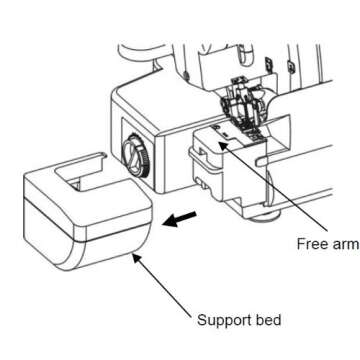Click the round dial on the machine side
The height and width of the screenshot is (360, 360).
pos(133,155)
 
